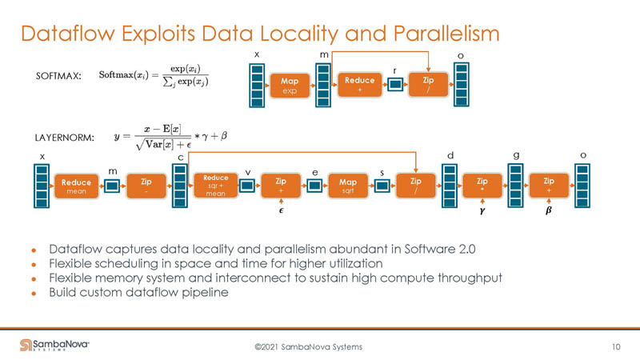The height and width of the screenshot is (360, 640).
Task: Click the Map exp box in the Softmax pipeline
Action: [289, 85]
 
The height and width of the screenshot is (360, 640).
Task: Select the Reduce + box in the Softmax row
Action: [358, 85]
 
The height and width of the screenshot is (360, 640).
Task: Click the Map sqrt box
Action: [347, 186]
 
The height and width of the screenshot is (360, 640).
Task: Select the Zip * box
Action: [482, 186]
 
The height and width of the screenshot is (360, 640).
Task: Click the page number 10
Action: [615, 346]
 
